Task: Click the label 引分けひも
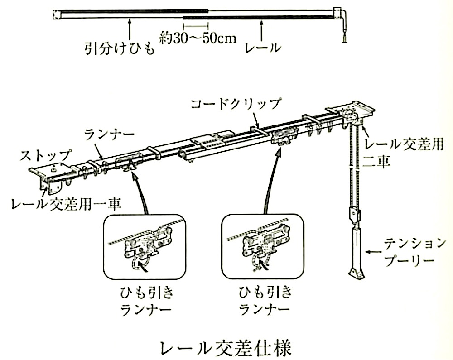[x=119, y=48]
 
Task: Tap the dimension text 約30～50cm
[x=198, y=38]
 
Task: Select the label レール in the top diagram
[x=263, y=48]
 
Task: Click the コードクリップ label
[x=236, y=104]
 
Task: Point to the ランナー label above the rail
[x=110, y=134]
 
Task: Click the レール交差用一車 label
[x=66, y=204]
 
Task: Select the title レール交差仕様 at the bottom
[x=226, y=348]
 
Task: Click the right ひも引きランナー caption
[x=265, y=301]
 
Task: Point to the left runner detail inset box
[x=145, y=247]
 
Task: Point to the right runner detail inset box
[x=263, y=247]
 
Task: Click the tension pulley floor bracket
[x=357, y=273]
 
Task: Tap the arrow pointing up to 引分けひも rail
[x=130, y=29]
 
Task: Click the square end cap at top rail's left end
[x=57, y=14]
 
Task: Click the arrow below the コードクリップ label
[x=255, y=120]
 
